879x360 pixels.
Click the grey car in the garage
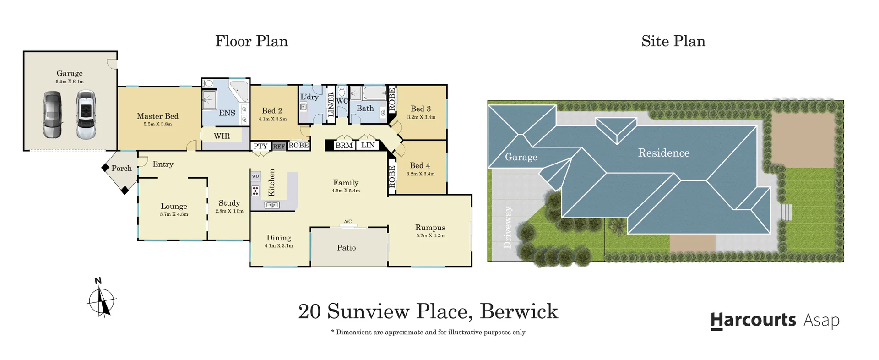(x=52, y=115)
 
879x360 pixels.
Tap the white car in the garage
(x=86, y=115)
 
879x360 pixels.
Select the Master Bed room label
(x=157, y=116)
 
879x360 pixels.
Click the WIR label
(x=222, y=136)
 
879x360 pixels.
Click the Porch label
(x=121, y=169)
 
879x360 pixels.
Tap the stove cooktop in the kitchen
(x=255, y=191)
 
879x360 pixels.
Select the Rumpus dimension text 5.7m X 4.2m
(x=430, y=236)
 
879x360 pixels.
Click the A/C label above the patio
(x=347, y=222)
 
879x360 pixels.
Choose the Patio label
(x=346, y=248)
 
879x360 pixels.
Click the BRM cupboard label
(x=344, y=146)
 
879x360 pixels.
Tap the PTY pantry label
(x=260, y=146)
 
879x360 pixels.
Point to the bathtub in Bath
(x=375, y=93)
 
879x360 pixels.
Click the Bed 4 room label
(x=420, y=165)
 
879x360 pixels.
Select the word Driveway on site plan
(x=508, y=228)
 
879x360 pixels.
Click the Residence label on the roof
(x=663, y=153)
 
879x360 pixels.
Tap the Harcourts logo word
(x=753, y=320)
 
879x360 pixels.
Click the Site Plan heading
(x=673, y=41)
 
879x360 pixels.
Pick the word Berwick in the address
(x=519, y=312)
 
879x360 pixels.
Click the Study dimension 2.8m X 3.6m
(x=229, y=211)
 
